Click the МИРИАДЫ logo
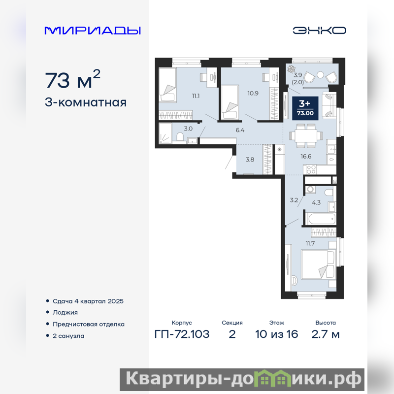(93, 31)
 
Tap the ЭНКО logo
(319, 31)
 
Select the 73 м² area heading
(72, 79)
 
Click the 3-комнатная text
(86, 102)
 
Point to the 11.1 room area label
(196, 96)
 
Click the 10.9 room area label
(253, 93)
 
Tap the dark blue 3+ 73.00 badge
(305, 108)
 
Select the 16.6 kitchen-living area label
(306, 156)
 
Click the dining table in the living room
(305, 136)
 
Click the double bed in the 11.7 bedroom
(319, 264)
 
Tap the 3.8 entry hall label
(250, 159)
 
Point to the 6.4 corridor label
(240, 130)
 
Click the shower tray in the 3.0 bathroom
(165, 133)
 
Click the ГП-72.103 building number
(182, 334)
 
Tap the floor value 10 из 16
(277, 334)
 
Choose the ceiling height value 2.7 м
(326, 334)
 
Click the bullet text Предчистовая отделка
(89, 324)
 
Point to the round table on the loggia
(321, 75)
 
